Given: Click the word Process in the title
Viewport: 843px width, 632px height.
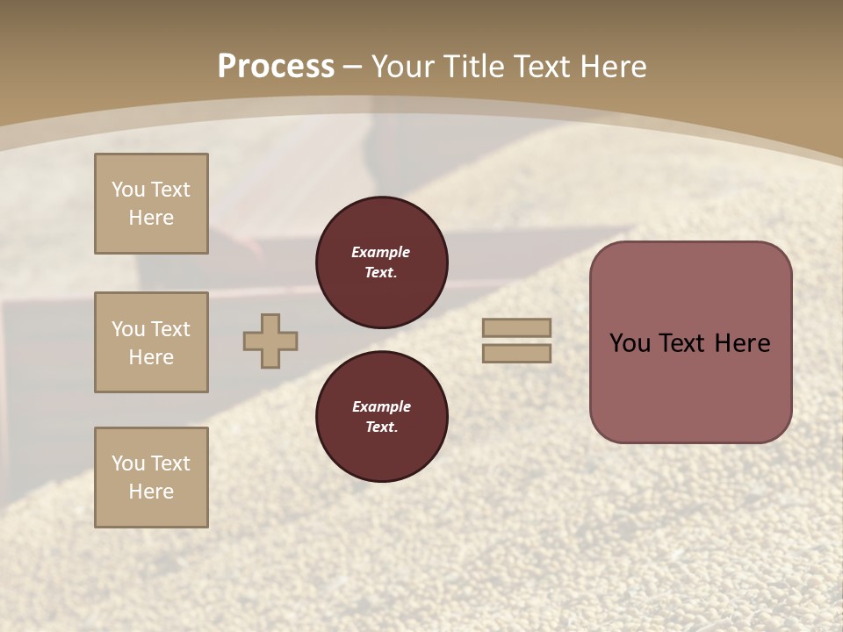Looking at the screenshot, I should click(276, 67).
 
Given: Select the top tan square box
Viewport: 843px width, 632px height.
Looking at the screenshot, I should click(151, 204).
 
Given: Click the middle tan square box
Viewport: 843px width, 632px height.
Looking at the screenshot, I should click(151, 342).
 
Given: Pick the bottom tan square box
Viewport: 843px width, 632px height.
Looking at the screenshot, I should click(151, 478).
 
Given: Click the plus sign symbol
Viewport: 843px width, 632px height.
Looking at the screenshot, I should click(270, 341).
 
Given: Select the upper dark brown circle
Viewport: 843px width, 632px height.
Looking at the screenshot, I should click(382, 262).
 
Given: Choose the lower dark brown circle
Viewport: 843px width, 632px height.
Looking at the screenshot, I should click(382, 417).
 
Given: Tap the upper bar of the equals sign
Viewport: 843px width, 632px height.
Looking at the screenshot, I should click(516, 327).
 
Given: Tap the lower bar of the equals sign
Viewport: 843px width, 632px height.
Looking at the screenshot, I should click(516, 354).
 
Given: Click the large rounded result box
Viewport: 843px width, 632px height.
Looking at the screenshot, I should click(690, 342).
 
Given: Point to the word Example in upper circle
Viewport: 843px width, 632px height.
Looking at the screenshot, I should click(381, 252).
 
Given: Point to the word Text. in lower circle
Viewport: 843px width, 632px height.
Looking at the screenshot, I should click(381, 427).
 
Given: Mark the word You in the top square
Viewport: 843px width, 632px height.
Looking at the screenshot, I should click(127, 190).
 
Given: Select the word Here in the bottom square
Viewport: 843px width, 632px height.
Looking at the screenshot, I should click(151, 492).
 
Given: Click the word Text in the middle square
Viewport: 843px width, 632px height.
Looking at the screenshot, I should click(169, 329).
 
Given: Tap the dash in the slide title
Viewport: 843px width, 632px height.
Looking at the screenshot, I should click(352, 67).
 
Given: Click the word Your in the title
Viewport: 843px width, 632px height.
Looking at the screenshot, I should click(402, 67).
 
